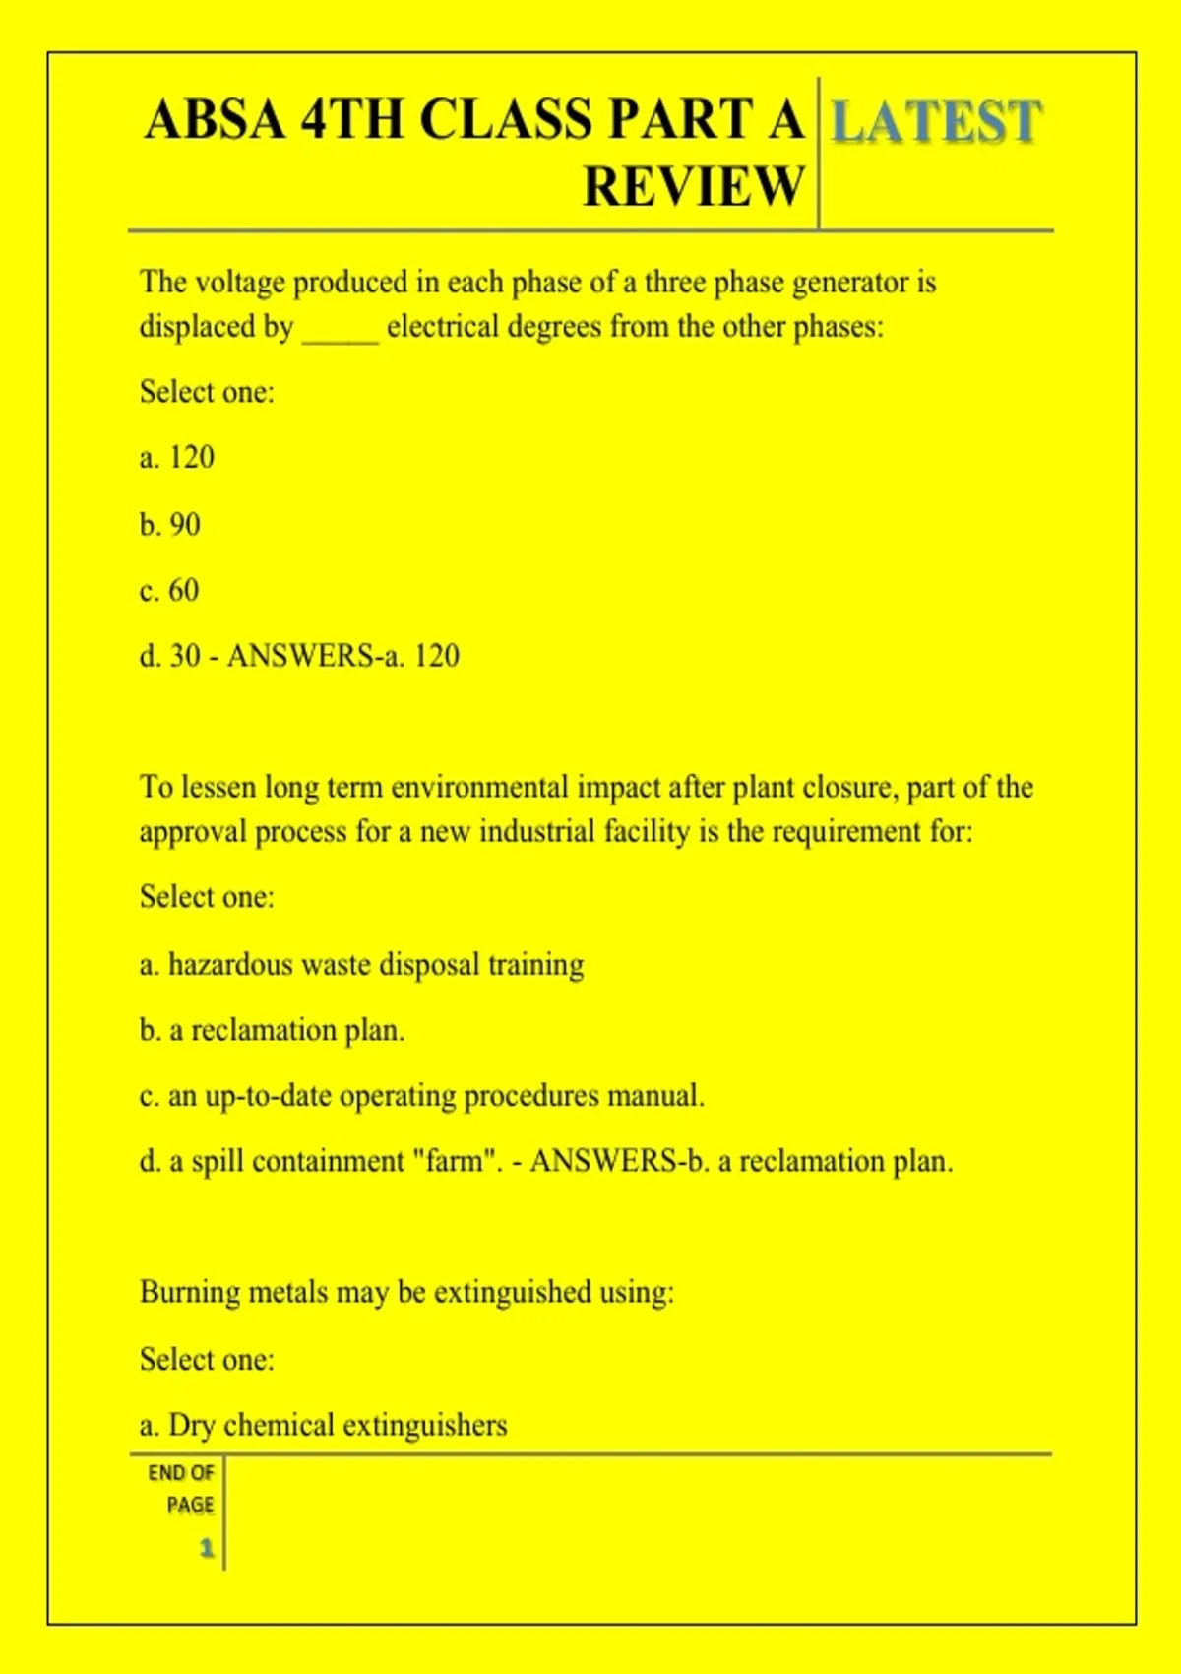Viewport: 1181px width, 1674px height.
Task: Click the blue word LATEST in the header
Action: (935, 122)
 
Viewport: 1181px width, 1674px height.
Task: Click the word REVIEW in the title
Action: (694, 186)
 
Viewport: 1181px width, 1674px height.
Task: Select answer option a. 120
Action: (177, 457)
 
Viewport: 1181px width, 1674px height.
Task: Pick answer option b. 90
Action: (170, 524)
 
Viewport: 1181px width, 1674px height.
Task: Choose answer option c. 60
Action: (169, 590)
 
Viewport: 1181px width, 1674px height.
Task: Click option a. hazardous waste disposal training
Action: (361, 964)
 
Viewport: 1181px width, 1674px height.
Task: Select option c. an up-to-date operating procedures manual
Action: (421, 1096)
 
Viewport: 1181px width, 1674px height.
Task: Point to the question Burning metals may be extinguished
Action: (406, 1292)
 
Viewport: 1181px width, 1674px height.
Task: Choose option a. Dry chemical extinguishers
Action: (323, 1425)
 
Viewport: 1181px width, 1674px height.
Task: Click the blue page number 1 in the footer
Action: (207, 1548)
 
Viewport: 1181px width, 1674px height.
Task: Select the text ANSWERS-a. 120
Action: (342, 656)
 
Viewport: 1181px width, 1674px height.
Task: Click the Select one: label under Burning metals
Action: (207, 1359)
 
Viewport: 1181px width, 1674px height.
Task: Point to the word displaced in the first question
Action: (216, 327)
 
